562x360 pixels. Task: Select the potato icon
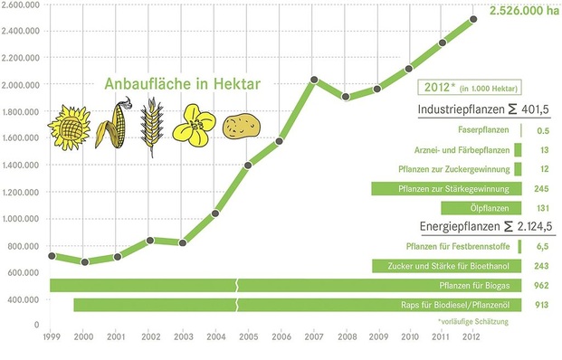[242, 125]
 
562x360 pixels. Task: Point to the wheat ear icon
[150, 127]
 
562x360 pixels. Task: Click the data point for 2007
[313, 80]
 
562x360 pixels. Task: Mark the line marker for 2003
[183, 242]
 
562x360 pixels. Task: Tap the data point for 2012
[472, 19]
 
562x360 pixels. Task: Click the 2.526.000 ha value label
[521, 12]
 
